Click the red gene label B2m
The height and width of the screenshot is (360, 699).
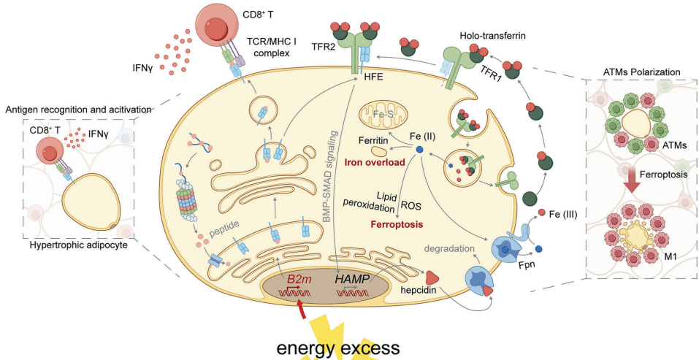pyautogui.click(x=297, y=279)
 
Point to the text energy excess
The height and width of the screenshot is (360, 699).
pyautogui.click(x=337, y=346)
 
